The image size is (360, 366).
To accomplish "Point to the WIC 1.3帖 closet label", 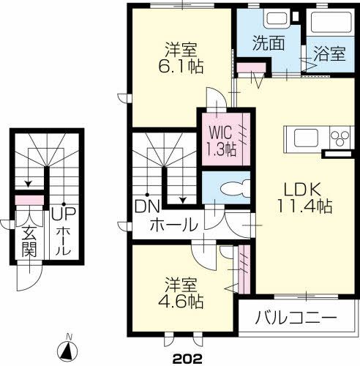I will tap(221, 141).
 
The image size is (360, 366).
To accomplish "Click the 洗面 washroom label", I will tap(269, 42).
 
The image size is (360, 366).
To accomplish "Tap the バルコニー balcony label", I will tap(296, 319).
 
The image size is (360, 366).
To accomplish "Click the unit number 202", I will tap(187, 359).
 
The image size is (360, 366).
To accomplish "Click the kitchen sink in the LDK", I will tap(303, 137).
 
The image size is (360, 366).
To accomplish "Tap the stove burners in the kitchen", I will tap(340, 137).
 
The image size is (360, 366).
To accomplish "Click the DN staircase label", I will tap(146, 207).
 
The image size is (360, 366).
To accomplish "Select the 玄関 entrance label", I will tap(29, 242).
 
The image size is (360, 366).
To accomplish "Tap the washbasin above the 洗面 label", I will tap(277, 19).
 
